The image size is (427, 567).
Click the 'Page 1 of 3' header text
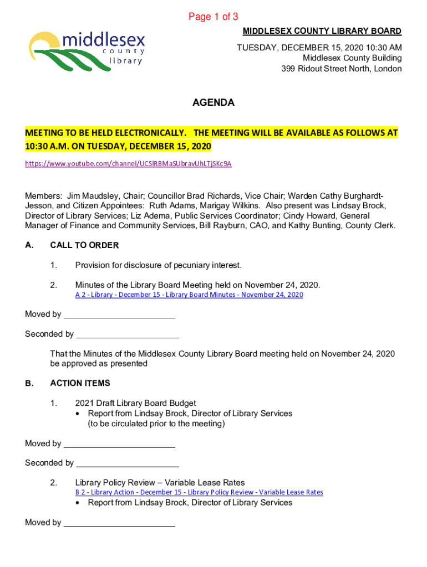click(x=213, y=17)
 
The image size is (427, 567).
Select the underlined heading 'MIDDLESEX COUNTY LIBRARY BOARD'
click(x=322, y=31)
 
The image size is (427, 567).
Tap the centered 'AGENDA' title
click(x=213, y=103)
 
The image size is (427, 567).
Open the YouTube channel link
click(x=128, y=164)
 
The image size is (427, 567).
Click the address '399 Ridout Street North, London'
click(x=340, y=69)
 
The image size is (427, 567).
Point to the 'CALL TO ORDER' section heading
click(x=84, y=245)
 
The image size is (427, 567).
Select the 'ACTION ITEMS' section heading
click(x=80, y=383)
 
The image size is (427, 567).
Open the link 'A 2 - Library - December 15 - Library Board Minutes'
click(x=189, y=295)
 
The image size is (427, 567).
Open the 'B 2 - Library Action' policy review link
click(x=199, y=492)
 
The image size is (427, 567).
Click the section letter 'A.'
click(x=29, y=245)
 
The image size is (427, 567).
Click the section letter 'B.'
click(x=29, y=383)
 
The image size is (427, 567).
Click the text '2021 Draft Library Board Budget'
click(x=135, y=403)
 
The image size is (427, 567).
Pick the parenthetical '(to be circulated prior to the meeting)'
click(x=156, y=424)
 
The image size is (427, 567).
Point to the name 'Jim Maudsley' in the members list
click(x=92, y=196)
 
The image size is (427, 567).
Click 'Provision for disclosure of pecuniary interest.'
click(x=159, y=265)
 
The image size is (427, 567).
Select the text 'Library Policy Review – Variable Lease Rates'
click(x=160, y=482)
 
